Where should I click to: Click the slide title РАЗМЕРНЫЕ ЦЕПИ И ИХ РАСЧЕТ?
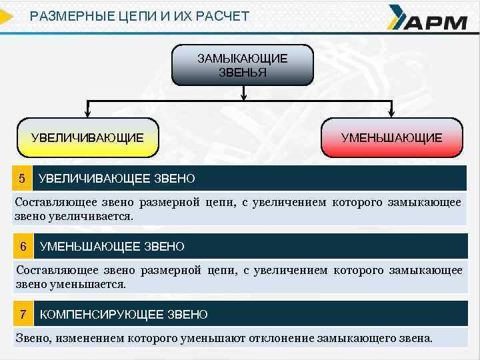(x=140, y=15)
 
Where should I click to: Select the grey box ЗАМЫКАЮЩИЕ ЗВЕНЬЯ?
(x=243, y=65)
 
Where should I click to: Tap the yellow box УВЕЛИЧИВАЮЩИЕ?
(x=87, y=138)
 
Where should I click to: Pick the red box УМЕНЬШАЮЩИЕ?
(x=391, y=138)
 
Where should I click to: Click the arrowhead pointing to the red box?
(x=392, y=113)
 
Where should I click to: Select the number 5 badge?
(x=22, y=179)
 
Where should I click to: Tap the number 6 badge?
(x=23, y=246)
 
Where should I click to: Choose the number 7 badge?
(x=23, y=314)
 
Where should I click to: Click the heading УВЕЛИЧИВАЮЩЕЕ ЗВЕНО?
(x=117, y=179)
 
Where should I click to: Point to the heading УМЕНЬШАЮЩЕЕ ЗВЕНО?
(x=112, y=247)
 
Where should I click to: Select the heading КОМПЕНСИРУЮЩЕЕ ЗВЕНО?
(x=124, y=314)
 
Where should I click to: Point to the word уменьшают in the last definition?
(x=217, y=338)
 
